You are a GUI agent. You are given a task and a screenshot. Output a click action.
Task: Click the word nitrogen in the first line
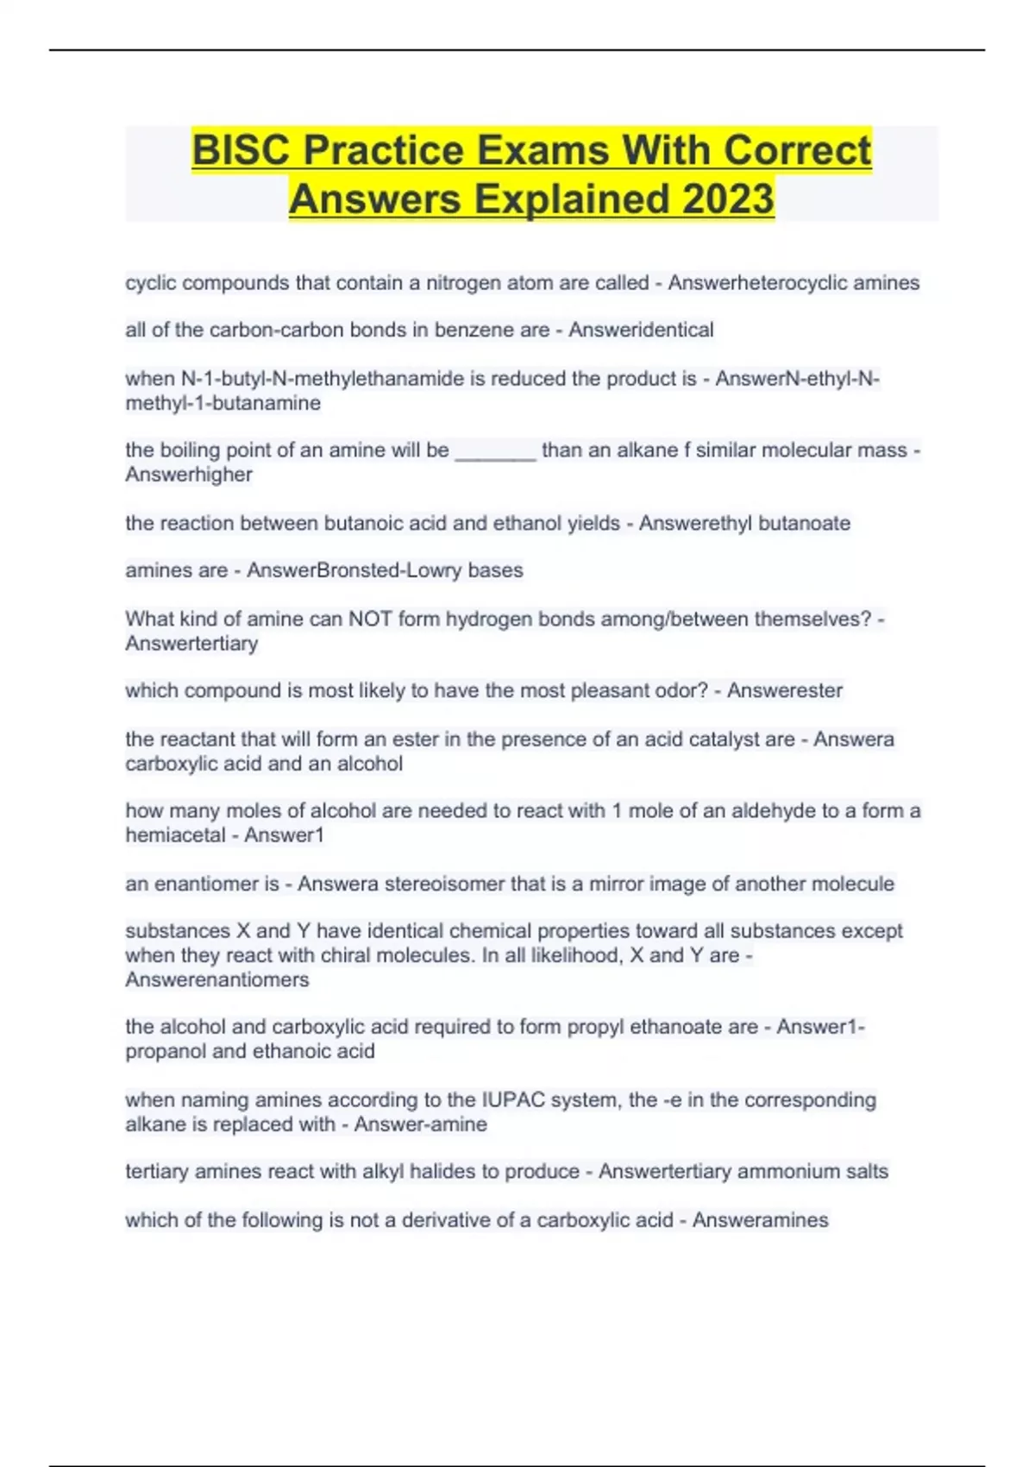point(461,283)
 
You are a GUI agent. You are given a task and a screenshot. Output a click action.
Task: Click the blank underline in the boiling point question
point(495,452)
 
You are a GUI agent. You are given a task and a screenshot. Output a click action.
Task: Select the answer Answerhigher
point(189,475)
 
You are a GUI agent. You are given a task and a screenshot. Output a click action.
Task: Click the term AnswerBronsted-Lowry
point(354,570)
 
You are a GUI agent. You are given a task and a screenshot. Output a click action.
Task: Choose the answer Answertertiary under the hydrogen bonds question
point(191,644)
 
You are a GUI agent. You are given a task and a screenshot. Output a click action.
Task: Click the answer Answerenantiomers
point(216,980)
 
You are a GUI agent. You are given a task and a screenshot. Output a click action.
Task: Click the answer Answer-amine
point(420,1124)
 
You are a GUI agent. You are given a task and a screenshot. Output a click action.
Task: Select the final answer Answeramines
point(760,1220)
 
